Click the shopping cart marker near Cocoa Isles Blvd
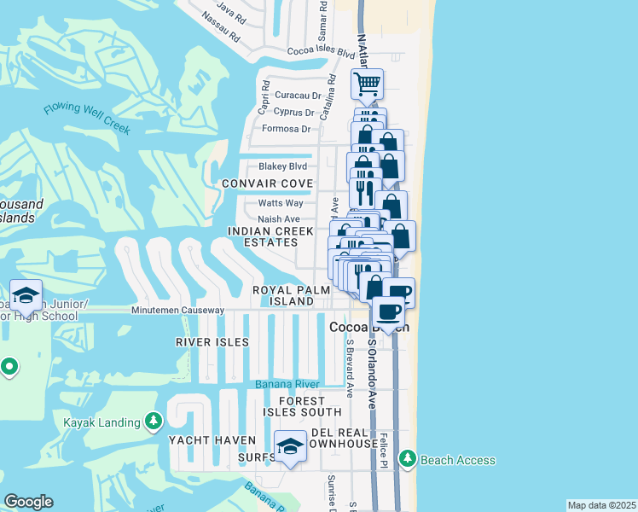[x=367, y=84]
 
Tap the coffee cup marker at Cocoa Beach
[x=389, y=311]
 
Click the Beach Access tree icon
[x=407, y=460]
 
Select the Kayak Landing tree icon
[x=153, y=421]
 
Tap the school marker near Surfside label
[x=290, y=446]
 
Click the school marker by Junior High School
[x=26, y=295]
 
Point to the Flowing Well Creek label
[x=88, y=118]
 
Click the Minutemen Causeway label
[x=177, y=310]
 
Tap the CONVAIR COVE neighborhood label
[x=267, y=183]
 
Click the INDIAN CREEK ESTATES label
[x=270, y=236]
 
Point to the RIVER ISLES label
[x=212, y=341]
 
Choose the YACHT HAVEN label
[x=212, y=440]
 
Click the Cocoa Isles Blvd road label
[x=321, y=53]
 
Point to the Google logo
[x=28, y=502]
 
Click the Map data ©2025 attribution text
[x=601, y=505]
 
